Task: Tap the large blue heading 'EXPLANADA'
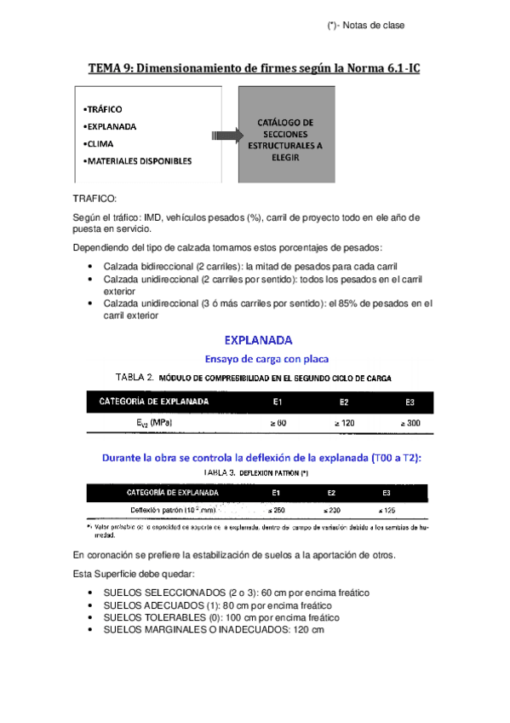point(258,339)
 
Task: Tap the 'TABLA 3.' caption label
point(219,471)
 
